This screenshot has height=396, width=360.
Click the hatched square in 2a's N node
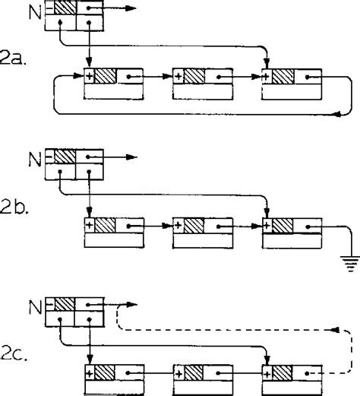pyautogui.click(x=67, y=9)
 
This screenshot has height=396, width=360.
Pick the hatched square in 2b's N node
pyautogui.click(x=67, y=157)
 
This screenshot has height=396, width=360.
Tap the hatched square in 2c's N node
pyautogui.click(x=67, y=303)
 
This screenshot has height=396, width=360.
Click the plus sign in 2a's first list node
pyautogui.click(x=89, y=76)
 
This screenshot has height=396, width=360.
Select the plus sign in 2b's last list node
pyautogui.click(x=267, y=225)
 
